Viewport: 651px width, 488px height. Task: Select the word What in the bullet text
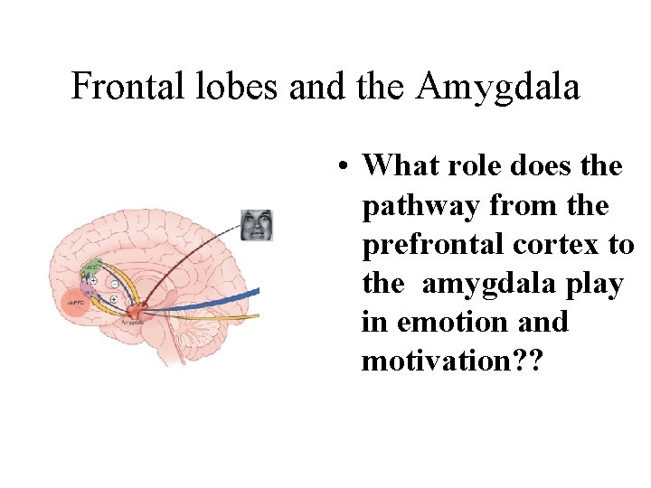(402, 165)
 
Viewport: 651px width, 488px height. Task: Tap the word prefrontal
(430, 245)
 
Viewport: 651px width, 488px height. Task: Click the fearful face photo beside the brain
(256, 225)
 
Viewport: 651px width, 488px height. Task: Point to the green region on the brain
(91, 268)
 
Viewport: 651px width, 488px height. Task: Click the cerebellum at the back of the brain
(222, 330)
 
